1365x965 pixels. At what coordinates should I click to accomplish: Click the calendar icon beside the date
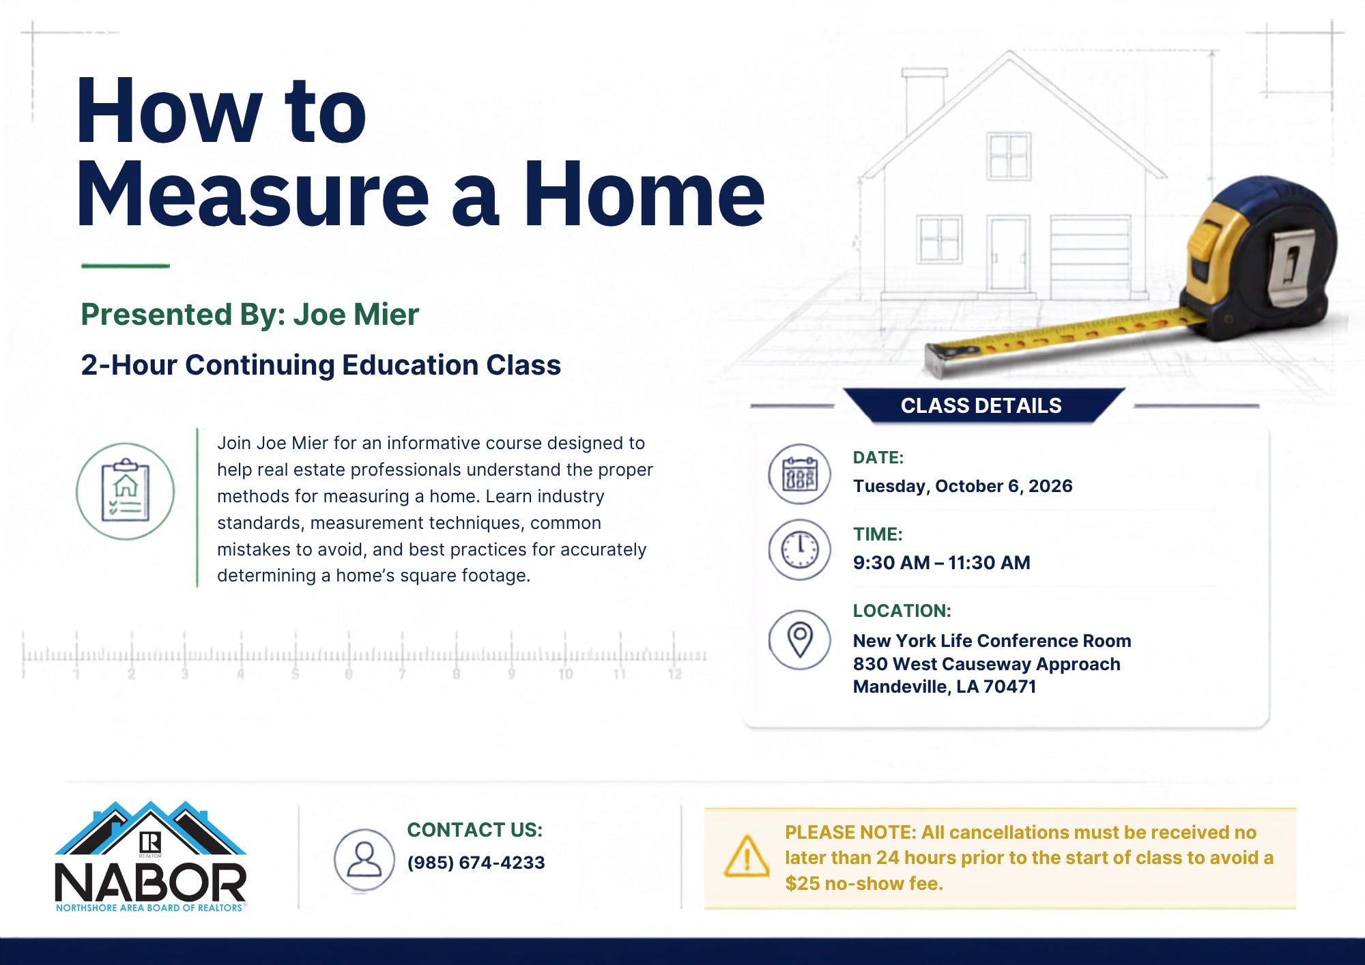coord(799,474)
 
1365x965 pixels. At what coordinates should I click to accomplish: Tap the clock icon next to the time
coord(799,550)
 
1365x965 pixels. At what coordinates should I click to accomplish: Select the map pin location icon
coord(799,640)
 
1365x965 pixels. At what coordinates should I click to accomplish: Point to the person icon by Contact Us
coord(364,859)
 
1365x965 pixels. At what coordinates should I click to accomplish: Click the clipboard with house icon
coord(125,491)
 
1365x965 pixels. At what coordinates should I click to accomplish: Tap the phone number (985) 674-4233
coord(476,863)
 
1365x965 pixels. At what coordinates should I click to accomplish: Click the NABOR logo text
coord(150,883)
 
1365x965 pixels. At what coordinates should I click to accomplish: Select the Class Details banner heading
coord(981,405)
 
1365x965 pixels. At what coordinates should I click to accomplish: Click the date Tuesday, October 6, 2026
coord(962,486)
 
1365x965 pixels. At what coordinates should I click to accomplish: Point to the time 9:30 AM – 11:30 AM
coord(941,562)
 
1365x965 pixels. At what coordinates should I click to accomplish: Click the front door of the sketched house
coord(1008,255)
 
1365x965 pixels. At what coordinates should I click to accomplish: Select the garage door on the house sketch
coord(1090,257)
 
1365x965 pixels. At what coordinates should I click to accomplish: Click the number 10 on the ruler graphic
coord(566,674)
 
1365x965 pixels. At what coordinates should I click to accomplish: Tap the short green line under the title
coord(125,265)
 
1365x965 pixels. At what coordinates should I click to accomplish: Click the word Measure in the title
coord(253,194)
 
